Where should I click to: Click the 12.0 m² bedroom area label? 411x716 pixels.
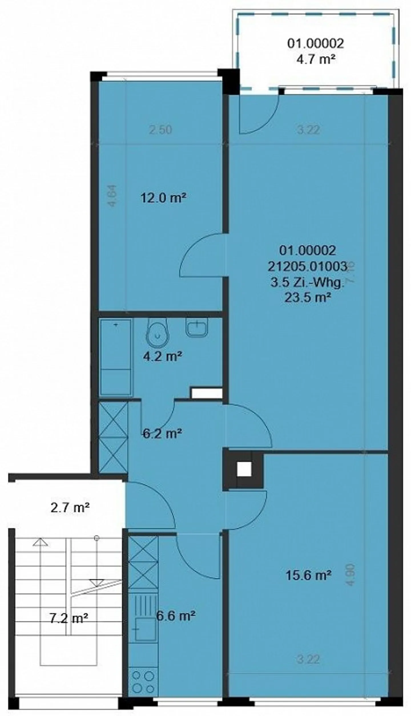click(x=164, y=198)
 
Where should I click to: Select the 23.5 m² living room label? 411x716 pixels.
click(x=308, y=298)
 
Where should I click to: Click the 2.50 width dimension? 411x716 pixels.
click(x=161, y=130)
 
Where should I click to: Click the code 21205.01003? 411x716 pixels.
click(x=308, y=267)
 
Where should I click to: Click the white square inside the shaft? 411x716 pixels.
click(x=244, y=469)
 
